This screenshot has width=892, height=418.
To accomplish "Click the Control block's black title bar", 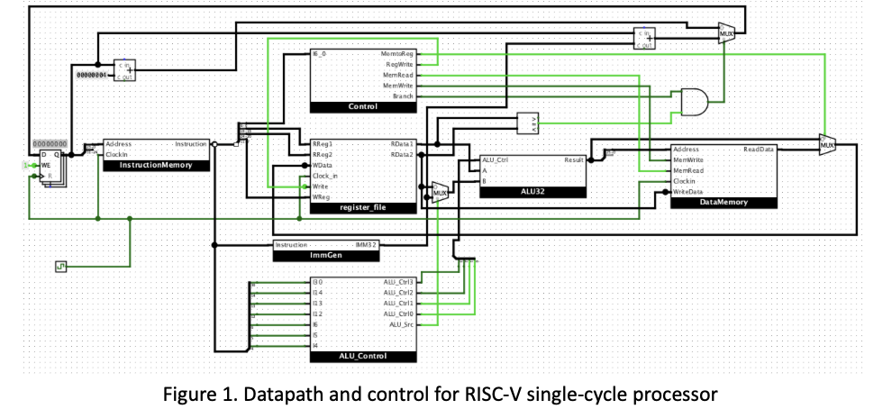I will tap(363, 107).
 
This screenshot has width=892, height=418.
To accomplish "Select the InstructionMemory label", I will tap(155, 166).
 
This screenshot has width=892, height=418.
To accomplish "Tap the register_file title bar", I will tap(363, 208).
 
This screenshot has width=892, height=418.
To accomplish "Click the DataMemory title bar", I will tap(723, 203).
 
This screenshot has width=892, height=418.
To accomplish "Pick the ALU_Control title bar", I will tap(363, 358).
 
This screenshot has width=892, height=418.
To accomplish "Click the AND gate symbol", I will tap(693, 103).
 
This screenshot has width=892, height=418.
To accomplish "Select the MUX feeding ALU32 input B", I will tap(440, 192).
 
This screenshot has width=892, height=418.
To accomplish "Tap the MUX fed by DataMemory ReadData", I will tap(827, 143).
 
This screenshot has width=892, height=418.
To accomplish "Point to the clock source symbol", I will tap(61, 266).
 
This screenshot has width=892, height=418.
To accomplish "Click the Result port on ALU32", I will tap(574, 159).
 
